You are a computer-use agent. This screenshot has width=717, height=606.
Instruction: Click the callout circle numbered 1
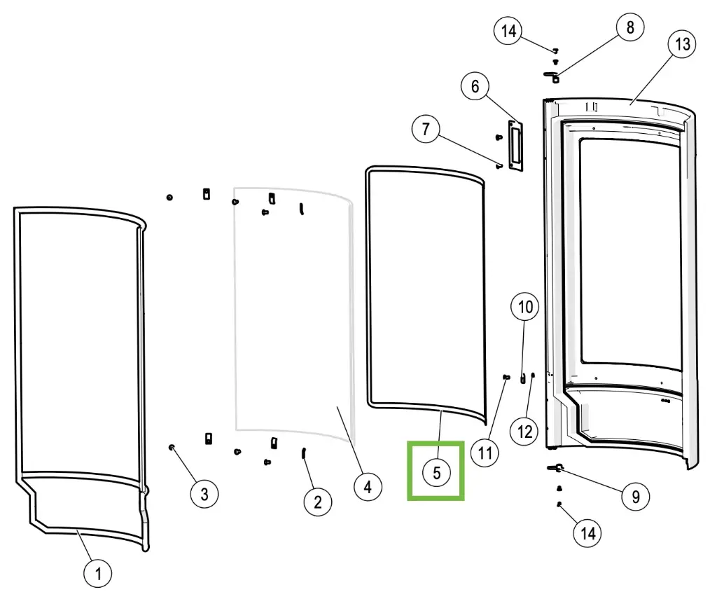click(98, 574)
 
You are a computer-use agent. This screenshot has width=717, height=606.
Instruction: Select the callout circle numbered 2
click(317, 501)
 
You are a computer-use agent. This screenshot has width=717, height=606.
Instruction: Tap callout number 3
click(204, 494)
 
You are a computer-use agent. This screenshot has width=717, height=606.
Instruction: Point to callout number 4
click(368, 486)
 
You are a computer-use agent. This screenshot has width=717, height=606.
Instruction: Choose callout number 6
click(475, 87)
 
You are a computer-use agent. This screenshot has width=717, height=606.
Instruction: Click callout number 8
click(630, 28)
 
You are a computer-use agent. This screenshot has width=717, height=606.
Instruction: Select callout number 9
click(636, 497)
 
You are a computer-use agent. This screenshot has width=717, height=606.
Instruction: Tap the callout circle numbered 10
click(526, 306)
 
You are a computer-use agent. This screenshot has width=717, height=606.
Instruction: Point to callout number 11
click(485, 452)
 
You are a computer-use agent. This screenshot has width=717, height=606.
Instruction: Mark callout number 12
click(525, 431)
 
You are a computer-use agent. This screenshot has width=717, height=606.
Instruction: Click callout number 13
click(682, 44)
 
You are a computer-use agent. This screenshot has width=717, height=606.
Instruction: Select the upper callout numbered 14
click(509, 31)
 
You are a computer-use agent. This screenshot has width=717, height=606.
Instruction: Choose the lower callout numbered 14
click(587, 533)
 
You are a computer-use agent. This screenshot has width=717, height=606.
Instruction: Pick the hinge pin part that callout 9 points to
click(557, 467)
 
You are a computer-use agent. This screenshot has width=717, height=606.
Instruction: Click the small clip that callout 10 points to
click(522, 378)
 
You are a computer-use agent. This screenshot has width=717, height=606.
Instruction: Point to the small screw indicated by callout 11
click(506, 377)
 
